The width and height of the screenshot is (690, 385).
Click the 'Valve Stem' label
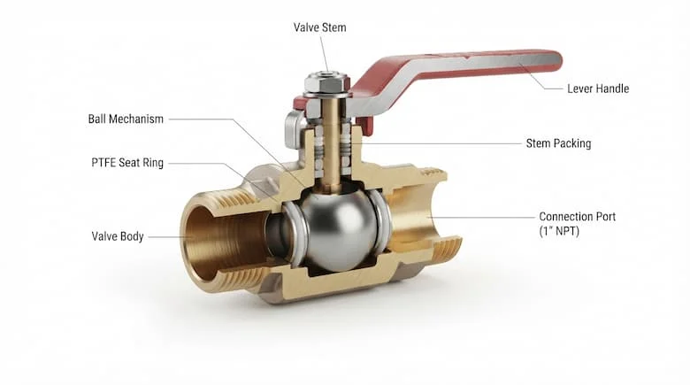[x=320, y=27]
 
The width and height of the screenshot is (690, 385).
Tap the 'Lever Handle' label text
[x=598, y=89]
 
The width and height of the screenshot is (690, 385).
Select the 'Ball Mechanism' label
[x=126, y=119]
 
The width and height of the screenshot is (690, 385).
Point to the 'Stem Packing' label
[x=558, y=143]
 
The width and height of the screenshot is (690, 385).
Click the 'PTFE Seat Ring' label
[x=127, y=163]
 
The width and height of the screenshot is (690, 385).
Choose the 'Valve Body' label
[x=118, y=236]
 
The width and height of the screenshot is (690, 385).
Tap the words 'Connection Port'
[x=578, y=217]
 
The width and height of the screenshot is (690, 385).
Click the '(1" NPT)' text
[x=559, y=231]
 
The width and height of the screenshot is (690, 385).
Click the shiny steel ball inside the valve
[x=339, y=229]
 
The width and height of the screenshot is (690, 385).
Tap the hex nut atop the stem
[x=327, y=84]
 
